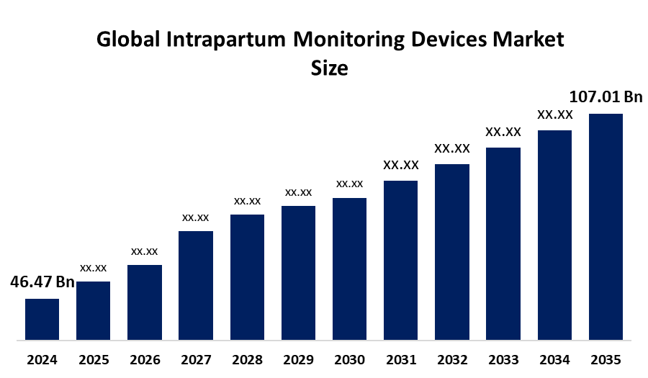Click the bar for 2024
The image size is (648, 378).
point(42,318)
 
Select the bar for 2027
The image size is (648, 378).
point(196,285)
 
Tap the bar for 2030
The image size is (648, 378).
point(349,269)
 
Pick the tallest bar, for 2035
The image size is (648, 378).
point(606,226)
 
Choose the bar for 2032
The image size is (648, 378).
point(452,251)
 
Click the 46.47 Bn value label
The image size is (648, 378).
point(42,282)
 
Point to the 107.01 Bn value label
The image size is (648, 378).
point(606,96)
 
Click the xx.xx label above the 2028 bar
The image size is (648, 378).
point(247,201)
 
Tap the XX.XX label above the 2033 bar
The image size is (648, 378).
point(503,132)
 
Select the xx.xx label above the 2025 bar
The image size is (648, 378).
point(94,268)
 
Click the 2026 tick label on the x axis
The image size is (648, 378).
point(145,359)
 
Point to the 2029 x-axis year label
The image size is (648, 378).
point(298,359)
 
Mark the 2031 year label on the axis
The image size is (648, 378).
point(401,359)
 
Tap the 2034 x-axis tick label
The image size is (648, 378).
point(554,359)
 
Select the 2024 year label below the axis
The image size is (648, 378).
point(42,359)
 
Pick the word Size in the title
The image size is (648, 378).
point(329,68)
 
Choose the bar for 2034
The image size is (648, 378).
point(554,235)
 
